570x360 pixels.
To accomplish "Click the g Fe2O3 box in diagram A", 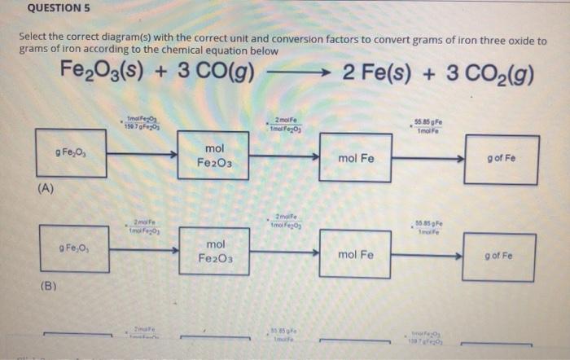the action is [x=70, y=153].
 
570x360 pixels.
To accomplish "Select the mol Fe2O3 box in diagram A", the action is [x=213, y=156].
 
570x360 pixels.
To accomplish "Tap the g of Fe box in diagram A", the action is [x=498, y=158].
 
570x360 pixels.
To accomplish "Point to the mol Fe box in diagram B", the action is [x=355, y=254].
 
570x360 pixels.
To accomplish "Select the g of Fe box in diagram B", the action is [x=498, y=256].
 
